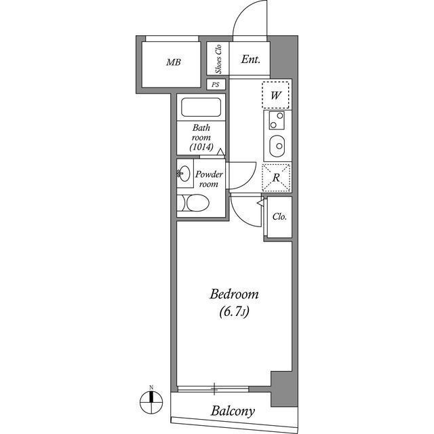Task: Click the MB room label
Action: click(x=174, y=63)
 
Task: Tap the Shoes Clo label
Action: click(x=218, y=59)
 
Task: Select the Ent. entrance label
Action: click(x=251, y=60)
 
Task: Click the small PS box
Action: click(x=216, y=85)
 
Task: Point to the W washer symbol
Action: click(x=276, y=96)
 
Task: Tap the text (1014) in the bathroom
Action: click(x=201, y=146)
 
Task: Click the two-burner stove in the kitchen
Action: click(x=277, y=122)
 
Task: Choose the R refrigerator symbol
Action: click(x=276, y=178)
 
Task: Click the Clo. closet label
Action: click(x=279, y=217)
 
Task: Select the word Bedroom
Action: click(x=235, y=294)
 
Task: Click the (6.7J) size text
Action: click(x=235, y=313)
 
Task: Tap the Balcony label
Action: click(x=232, y=411)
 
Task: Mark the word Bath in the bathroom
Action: click(x=201, y=127)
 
